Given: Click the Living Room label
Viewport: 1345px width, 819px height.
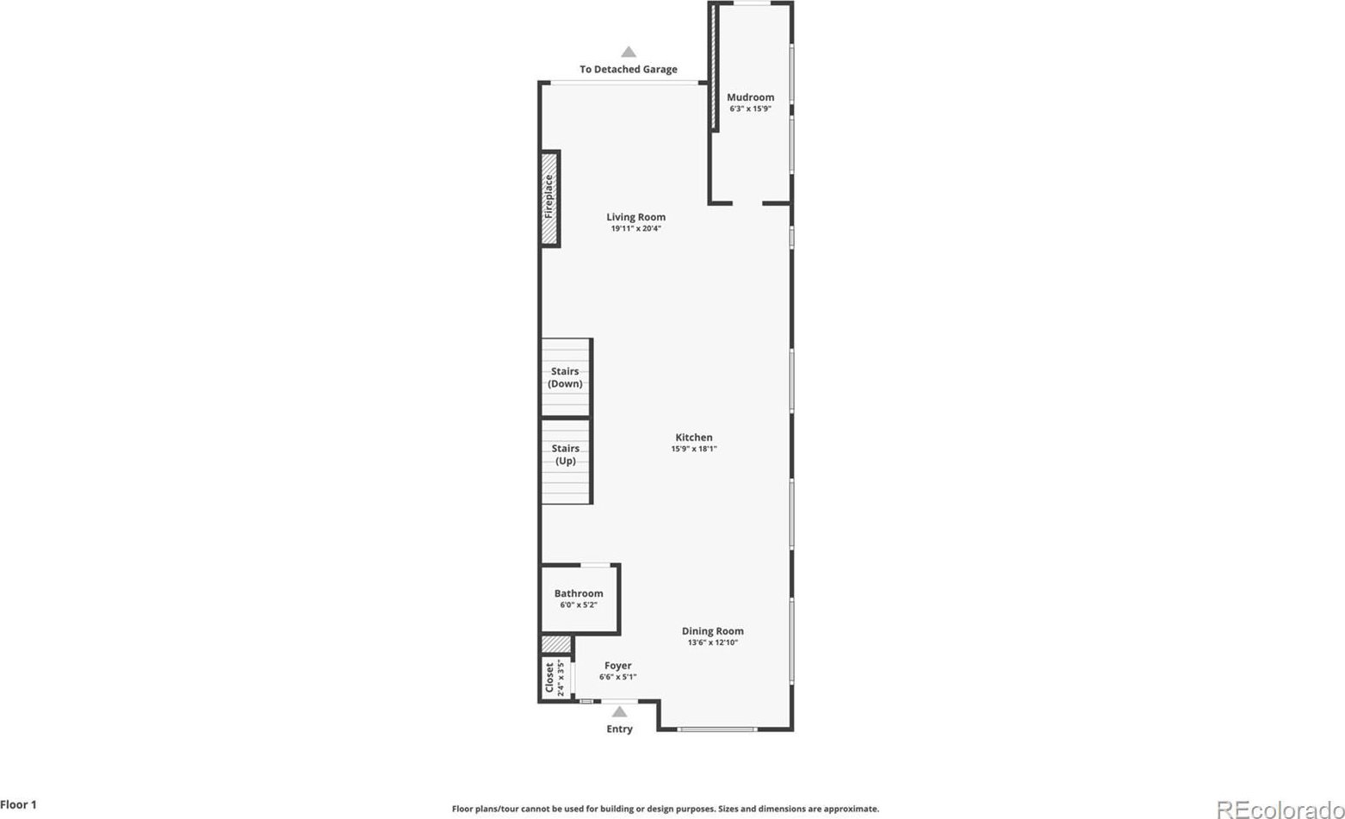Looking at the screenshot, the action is [635, 217].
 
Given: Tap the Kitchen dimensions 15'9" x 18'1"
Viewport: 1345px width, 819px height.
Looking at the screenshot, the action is [694, 449].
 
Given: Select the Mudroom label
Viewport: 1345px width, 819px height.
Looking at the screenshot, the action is [751, 97].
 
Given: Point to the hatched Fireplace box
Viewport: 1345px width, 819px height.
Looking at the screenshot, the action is [550, 198].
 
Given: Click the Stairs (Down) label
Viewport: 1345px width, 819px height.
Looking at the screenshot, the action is [565, 378].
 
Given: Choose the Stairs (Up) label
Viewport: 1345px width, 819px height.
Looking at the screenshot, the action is [566, 455].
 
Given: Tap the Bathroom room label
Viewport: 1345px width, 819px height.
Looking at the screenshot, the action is [579, 593].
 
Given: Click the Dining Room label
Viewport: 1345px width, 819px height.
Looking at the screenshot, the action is [713, 631].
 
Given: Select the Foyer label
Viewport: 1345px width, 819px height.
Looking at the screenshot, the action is [618, 666].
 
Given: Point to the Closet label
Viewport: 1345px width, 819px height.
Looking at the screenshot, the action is [549, 677].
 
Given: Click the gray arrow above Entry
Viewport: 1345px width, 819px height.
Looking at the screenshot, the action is [620, 711].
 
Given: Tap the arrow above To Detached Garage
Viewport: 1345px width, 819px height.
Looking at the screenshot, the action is [629, 52].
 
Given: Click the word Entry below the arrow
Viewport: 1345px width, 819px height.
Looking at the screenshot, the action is [620, 729].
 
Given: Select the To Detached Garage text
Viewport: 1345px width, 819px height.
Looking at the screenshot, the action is [629, 70].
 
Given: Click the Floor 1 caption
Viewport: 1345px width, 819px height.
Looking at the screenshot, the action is [19, 804].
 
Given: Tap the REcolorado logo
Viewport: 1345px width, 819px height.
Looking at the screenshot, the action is [1280, 810].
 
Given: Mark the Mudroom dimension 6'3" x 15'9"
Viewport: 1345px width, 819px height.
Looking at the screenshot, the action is [751, 109].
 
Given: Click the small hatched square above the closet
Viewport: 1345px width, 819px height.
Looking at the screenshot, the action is [556, 644].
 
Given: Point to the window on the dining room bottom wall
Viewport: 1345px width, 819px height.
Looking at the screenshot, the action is [717, 729].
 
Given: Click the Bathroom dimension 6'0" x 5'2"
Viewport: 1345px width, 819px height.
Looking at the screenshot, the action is [579, 605].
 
